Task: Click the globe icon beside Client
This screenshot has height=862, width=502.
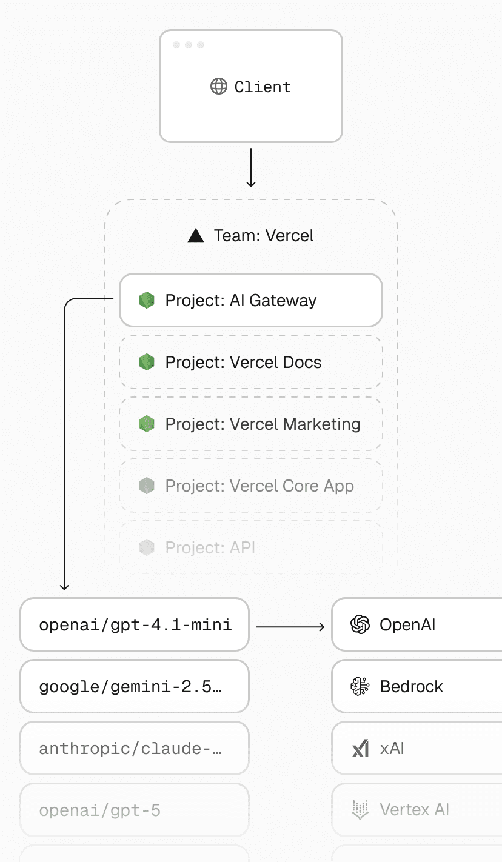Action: coord(218,87)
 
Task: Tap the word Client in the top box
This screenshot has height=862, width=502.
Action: coord(263,87)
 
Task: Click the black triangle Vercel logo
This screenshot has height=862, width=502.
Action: coord(196,236)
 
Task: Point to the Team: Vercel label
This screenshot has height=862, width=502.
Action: coord(264,235)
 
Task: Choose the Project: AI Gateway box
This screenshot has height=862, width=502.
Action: coord(251,300)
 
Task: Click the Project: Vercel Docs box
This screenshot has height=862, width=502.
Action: coord(251,362)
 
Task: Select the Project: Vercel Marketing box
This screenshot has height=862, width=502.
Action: coord(251,424)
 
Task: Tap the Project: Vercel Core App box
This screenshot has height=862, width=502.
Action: coord(251,486)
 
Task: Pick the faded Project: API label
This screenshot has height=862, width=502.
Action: coord(210,548)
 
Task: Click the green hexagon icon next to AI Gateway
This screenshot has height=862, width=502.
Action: coord(147,300)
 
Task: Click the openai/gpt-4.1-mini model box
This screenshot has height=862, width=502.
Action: coord(135,625)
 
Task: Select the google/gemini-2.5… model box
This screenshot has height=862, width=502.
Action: coord(135,687)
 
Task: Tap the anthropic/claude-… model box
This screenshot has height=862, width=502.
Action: coord(135,749)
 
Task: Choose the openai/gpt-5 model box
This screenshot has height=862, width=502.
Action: coord(135,810)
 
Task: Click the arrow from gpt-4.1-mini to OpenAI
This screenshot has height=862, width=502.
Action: coord(290,627)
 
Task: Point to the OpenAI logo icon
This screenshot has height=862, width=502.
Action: coord(360,625)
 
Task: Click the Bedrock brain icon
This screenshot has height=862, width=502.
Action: coord(360,687)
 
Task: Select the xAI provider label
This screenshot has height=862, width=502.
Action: coord(392,749)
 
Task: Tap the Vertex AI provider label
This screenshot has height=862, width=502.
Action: coord(414,810)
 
